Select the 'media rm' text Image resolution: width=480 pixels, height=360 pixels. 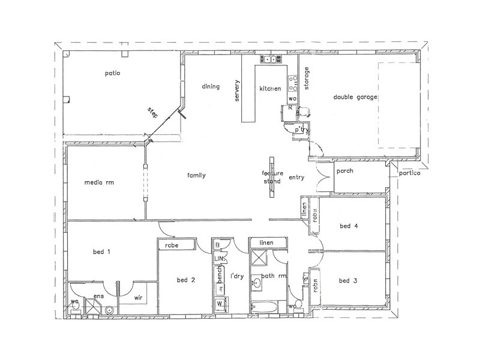(x=99, y=182)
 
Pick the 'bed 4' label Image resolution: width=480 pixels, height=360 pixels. (x=349, y=226)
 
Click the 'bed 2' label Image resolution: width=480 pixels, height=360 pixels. (x=187, y=280)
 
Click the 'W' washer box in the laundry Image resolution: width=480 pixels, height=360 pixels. (x=220, y=304)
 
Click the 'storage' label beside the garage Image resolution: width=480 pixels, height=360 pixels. (x=306, y=79)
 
